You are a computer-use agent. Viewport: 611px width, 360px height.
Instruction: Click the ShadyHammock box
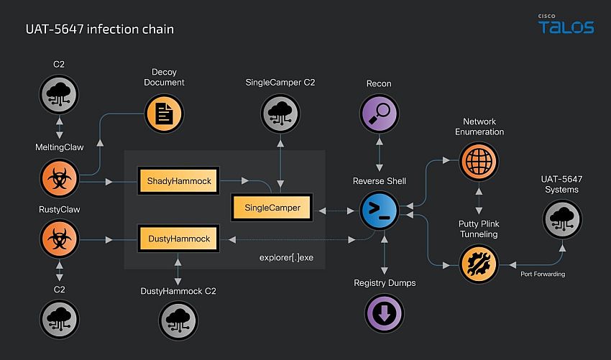pyautogui.click(x=178, y=181)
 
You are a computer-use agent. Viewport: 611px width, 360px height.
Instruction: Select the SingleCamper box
pyautogui.click(x=272, y=208)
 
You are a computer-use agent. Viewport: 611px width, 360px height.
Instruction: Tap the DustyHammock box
pyautogui.click(x=178, y=239)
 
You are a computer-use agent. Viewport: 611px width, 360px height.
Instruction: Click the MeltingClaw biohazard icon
pyautogui.click(x=59, y=178)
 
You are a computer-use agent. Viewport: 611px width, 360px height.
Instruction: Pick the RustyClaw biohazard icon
pyautogui.click(x=59, y=239)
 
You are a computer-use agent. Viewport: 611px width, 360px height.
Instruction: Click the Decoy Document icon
pyautogui.click(x=164, y=114)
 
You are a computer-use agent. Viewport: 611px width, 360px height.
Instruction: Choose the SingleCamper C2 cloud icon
pyautogui.click(x=280, y=114)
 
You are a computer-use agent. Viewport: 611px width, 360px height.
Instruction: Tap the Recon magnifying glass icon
pyautogui.click(x=379, y=114)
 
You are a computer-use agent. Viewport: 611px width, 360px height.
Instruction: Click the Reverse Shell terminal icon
pyautogui.click(x=379, y=211)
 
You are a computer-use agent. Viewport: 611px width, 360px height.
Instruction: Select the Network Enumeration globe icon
pyautogui.click(x=479, y=161)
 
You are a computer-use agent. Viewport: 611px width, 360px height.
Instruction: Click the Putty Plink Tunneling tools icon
pyautogui.click(x=479, y=264)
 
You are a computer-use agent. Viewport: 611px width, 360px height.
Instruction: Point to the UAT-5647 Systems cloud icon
pyautogui.click(x=562, y=219)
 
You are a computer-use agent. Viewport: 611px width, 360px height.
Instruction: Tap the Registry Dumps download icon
pyautogui.click(x=385, y=313)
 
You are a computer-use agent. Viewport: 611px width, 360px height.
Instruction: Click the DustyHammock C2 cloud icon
pyautogui.click(x=178, y=320)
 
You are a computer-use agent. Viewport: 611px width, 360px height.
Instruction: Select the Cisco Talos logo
pyautogui.click(x=566, y=24)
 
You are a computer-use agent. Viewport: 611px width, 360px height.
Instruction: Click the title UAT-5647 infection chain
pyautogui.click(x=100, y=29)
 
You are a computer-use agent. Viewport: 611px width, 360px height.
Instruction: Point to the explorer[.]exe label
pyautogui.click(x=286, y=257)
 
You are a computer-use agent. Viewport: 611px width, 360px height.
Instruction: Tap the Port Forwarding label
pyautogui.click(x=543, y=274)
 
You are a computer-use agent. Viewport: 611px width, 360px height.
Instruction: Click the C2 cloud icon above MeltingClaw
pyautogui.click(x=59, y=94)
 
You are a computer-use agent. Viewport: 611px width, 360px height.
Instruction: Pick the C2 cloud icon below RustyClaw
pyautogui.click(x=59, y=319)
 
